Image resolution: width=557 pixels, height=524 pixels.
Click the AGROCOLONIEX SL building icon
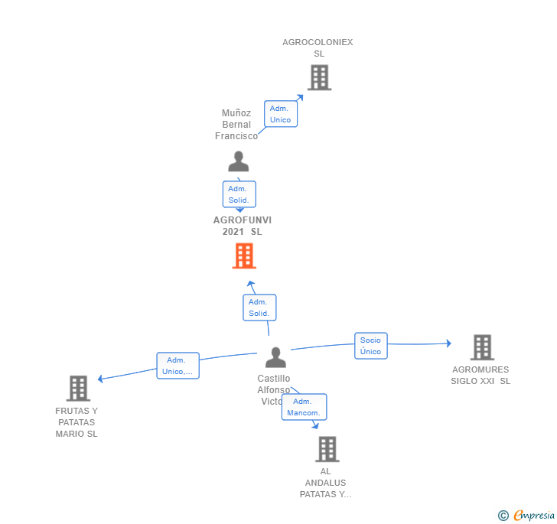pos(319,77)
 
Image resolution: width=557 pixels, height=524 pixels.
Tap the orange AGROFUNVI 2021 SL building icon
pos(243,256)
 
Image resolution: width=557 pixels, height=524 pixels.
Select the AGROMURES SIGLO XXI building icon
pos(482,347)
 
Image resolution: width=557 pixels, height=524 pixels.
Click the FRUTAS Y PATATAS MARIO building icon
pos(78,389)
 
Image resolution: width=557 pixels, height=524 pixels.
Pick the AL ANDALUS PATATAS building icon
pos(327,449)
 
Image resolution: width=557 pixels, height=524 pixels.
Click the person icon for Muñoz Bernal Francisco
pos(239,162)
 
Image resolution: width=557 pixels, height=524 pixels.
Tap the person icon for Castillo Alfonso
pos(275,357)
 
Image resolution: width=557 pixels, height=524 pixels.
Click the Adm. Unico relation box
pos(280,114)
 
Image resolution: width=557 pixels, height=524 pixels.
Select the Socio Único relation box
pos(370,346)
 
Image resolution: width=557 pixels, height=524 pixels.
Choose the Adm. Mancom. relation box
pos(303,407)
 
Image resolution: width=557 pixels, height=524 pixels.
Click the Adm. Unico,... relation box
pos(178,366)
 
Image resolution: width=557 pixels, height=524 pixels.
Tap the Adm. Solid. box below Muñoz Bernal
pos(239,194)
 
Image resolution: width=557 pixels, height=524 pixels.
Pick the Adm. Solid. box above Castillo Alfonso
pos(259,308)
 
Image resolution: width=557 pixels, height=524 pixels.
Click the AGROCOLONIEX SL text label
pos(318,48)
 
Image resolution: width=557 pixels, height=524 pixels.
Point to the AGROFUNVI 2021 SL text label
pos(242,226)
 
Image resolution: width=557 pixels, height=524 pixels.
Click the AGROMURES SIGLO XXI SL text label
pos(480,376)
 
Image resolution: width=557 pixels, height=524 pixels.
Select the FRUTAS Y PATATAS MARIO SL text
pos(77,422)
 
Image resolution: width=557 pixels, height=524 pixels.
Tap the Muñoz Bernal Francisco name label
pos(236,125)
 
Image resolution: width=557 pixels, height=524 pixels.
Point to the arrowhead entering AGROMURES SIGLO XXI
pos(448,343)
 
